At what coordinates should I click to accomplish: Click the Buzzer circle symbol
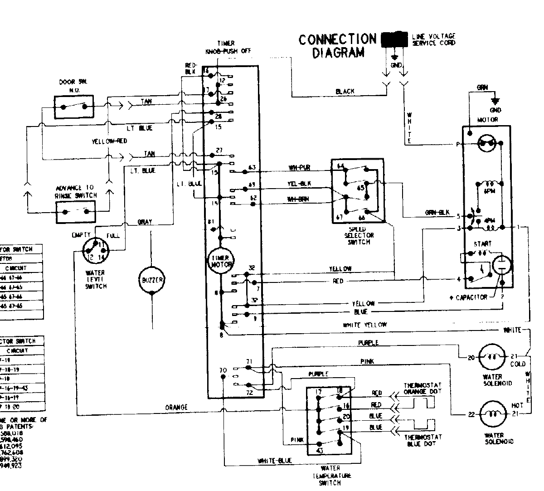(152, 280)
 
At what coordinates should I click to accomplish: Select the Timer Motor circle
(221, 261)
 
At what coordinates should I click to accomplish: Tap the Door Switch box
(74, 107)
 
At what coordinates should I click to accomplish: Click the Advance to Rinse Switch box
(76, 212)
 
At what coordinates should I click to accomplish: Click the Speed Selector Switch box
(358, 190)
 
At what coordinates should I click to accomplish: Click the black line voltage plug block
(394, 40)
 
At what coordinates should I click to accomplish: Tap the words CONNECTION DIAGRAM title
(338, 46)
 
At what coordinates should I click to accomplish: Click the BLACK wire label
(345, 92)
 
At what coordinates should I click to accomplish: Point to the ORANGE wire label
(176, 407)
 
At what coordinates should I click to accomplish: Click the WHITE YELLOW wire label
(365, 325)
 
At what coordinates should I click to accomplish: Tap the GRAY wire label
(145, 222)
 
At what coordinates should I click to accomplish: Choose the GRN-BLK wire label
(437, 212)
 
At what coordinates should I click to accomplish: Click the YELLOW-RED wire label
(109, 141)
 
